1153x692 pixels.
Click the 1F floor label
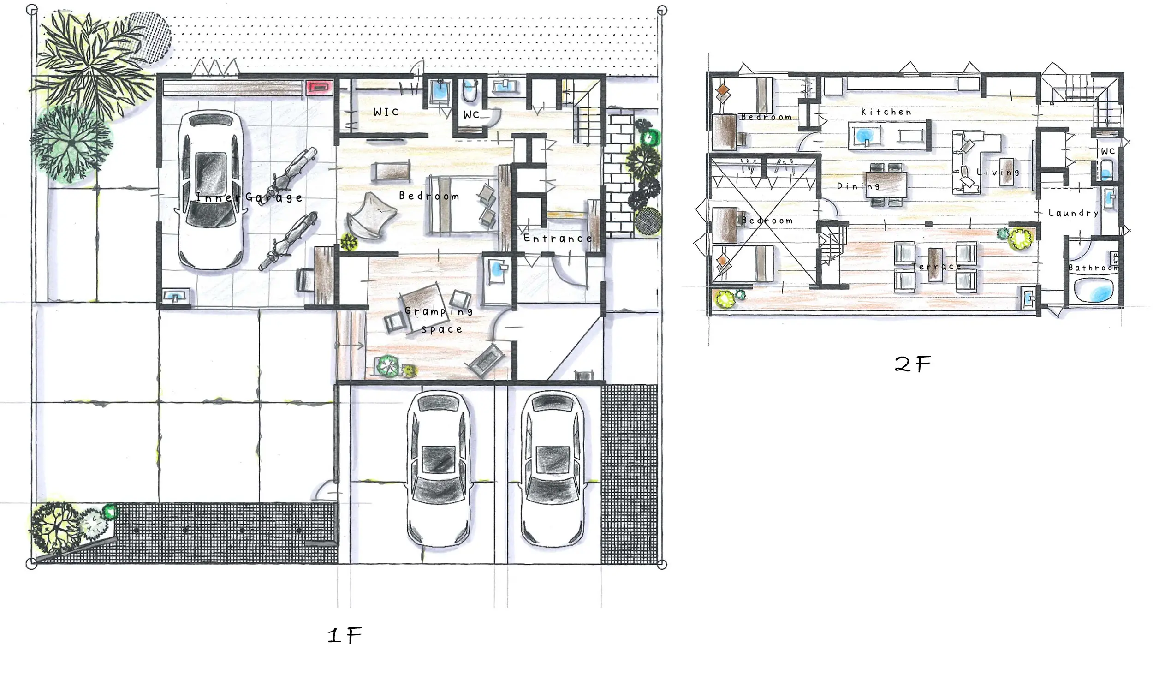tap(345, 635)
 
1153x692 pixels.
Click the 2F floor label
tap(913, 364)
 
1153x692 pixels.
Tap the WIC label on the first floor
tap(386, 112)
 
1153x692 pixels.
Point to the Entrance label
tap(558, 239)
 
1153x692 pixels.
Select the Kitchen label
tap(886, 112)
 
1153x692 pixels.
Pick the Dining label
tap(858, 186)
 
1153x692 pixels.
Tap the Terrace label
tap(937, 266)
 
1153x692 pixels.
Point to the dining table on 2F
tap(886, 185)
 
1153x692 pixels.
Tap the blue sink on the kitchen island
tap(865, 136)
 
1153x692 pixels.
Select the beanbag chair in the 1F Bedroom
tap(371, 216)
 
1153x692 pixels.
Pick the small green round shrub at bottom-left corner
tap(110, 512)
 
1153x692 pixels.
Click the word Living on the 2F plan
tap(998, 172)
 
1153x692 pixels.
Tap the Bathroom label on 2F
tap(1094, 268)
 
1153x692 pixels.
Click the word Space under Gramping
tap(442, 329)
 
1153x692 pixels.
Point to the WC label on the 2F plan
tap(1108, 151)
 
